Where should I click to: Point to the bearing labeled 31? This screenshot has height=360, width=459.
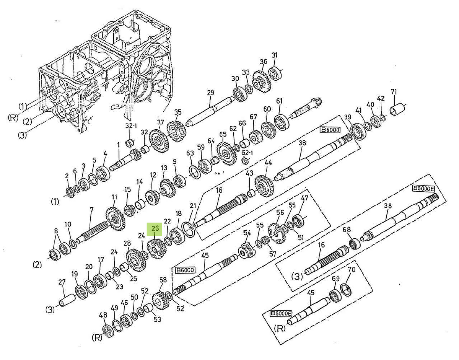point(275,73)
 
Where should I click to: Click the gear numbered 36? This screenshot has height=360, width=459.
point(262,81)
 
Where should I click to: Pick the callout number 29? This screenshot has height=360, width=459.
point(210,93)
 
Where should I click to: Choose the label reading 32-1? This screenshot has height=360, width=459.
point(131,126)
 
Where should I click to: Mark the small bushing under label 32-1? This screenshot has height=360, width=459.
point(131,143)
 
